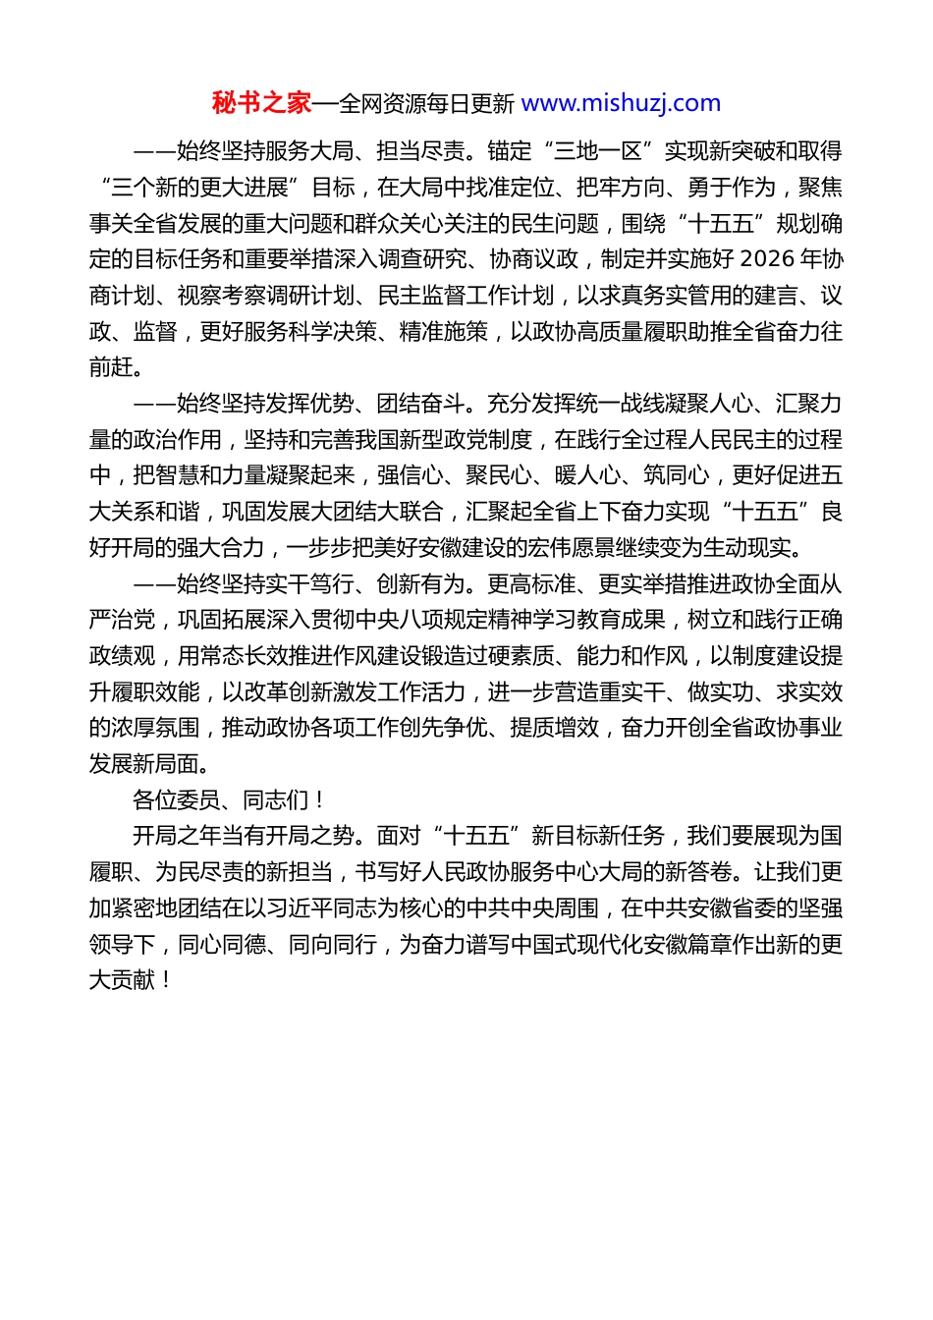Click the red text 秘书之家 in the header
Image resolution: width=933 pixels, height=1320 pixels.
(x=261, y=103)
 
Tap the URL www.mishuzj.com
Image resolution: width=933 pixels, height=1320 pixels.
(x=621, y=103)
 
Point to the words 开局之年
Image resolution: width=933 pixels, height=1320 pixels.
(x=177, y=836)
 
